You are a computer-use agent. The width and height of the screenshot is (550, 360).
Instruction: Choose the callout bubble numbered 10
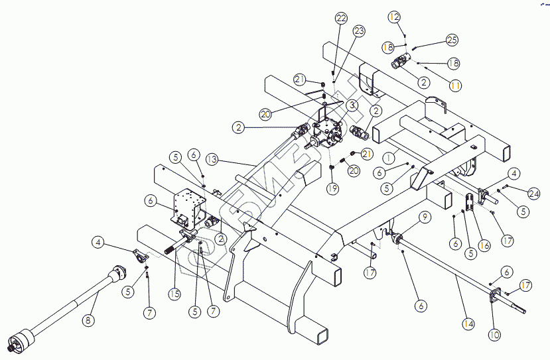pos(495,335)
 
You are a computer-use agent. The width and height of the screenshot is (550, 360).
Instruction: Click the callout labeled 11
pos(455,86)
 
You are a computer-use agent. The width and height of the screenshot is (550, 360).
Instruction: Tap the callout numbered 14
pos(468,324)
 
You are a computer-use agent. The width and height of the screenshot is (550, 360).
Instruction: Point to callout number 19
pos(332,188)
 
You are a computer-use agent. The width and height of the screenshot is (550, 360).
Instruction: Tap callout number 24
pos(534,194)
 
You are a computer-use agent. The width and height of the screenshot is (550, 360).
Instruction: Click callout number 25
pos(452,40)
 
